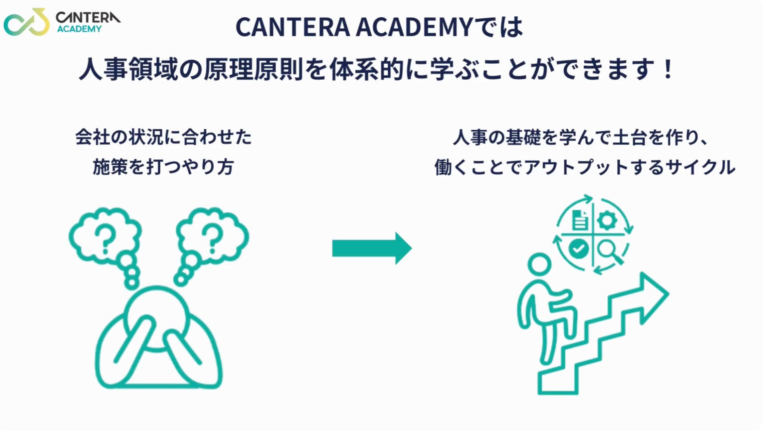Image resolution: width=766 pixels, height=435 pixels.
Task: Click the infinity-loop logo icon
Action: coord(26,22)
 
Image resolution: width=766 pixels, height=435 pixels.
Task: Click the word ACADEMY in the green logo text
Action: coord(79,29)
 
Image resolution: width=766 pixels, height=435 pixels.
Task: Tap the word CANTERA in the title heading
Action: coord(292,28)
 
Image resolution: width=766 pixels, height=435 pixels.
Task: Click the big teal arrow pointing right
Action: coord(371,248)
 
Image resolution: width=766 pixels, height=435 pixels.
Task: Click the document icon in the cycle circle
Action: coord(580,220)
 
